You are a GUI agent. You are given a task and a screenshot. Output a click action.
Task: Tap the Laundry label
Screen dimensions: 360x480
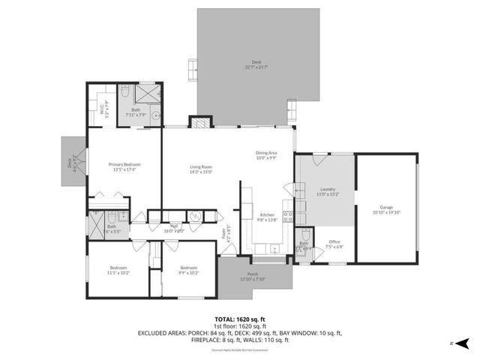327,191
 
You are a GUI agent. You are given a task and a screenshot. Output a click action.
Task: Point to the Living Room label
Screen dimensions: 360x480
201,169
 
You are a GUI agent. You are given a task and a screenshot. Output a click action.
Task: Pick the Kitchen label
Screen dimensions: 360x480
267,217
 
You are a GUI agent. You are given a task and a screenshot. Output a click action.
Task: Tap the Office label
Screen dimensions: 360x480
334,244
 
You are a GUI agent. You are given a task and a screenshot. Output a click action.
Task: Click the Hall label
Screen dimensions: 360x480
173,229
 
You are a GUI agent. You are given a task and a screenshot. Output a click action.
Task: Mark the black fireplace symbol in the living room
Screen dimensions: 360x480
199,121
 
